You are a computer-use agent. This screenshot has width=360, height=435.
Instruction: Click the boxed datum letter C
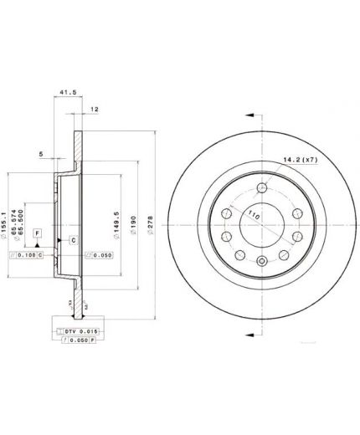point(74,241)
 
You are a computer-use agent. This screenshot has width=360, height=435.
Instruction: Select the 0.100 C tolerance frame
point(28,253)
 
